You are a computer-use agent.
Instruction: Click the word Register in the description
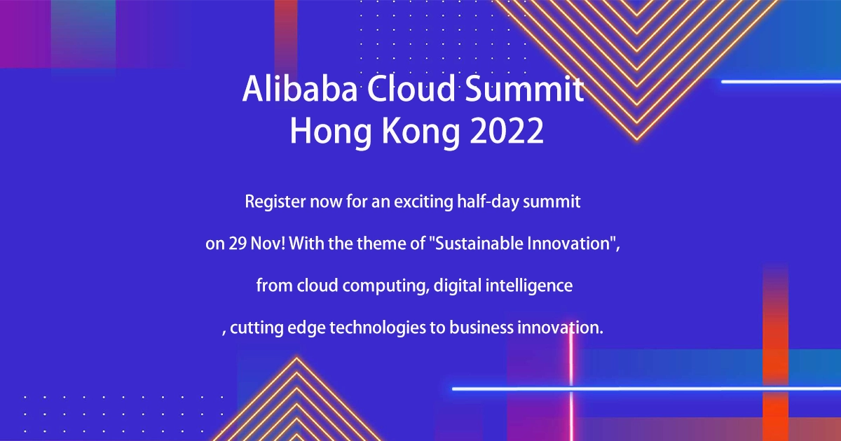coord(270,203)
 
